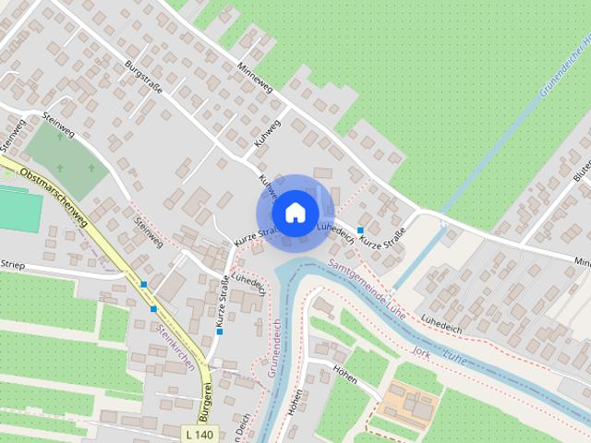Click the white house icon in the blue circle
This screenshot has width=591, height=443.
click(x=295, y=211)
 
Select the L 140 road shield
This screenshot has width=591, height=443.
click(x=199, y=434)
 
